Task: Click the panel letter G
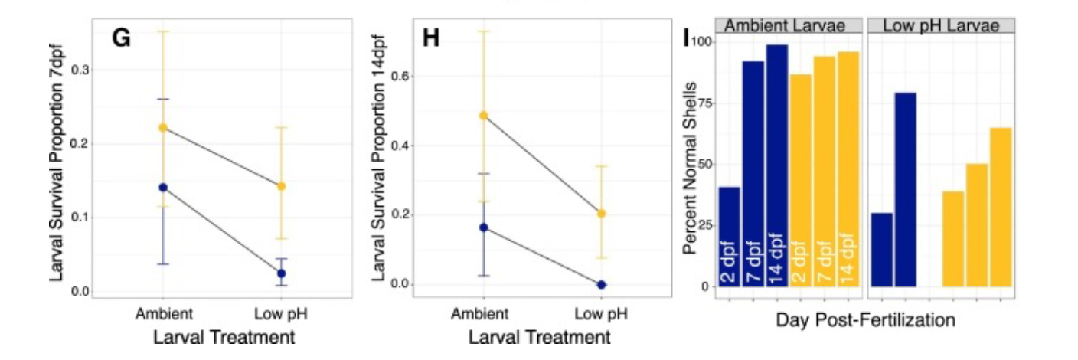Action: click(x=122, y=38)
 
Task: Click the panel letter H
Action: click(x=431, y=38)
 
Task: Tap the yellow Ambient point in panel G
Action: click(x=162, y=128)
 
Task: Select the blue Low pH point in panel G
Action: click(x=282, y=273)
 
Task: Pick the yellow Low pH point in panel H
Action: click(x=601, y=214)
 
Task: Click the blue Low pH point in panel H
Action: click(x=601, y=284)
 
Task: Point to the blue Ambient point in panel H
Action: click(x=483, y=227)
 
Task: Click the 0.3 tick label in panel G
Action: click(x=79, y=70)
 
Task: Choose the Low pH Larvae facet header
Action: click(x=941, y=25)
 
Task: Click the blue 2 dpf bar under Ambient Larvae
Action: click(x=730, y=236)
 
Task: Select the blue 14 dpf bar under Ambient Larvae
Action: click(x=777, y=165)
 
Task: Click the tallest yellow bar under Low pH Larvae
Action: click(x=1001, y=207)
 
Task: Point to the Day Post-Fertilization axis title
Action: click(x=865, y=320)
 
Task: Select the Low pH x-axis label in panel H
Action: click(x=600, y=313)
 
